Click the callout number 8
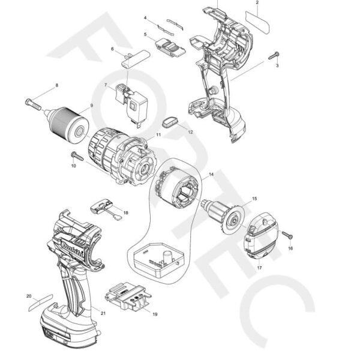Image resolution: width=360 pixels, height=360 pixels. pos(57,85)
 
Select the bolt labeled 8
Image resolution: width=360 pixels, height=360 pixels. pos(33,104)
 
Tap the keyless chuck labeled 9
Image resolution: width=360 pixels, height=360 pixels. pos(67,124)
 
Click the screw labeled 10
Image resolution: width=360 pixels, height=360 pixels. pos(77,156)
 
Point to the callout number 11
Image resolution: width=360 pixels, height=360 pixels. pos(158,134)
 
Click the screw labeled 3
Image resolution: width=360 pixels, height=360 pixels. pos(274,56)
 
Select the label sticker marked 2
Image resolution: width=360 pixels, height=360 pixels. pos(257,22)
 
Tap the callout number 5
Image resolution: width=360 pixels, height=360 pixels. pos(145,34)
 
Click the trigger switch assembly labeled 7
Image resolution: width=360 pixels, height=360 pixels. pos(131,103)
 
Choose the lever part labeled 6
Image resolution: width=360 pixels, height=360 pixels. pos(136,59)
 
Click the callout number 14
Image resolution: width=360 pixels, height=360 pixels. pos(211,175)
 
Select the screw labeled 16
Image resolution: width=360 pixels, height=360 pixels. pos(287,235)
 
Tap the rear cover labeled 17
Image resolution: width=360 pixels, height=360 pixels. pos(260,236)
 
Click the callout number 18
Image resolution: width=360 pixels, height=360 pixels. pos(125,213)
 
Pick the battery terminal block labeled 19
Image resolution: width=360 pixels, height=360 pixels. pos(128,296)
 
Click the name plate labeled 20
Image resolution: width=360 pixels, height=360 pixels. pos(41,303)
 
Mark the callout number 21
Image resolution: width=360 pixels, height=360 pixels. pos(103,313)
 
